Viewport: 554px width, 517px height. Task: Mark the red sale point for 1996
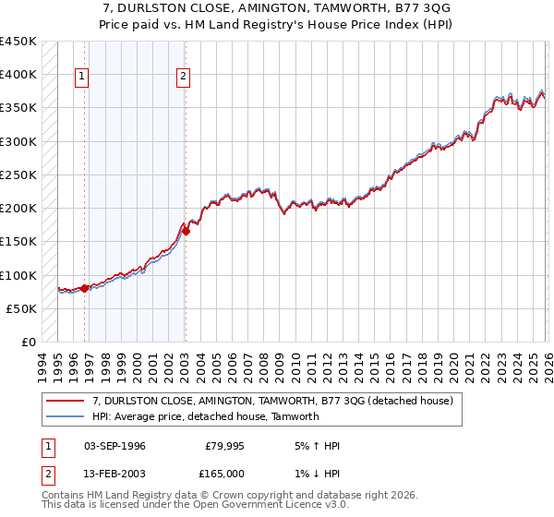(x=85, y=288)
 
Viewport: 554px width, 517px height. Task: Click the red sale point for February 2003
(x=186, y=232)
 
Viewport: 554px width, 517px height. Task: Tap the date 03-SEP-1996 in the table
(x=114, y=446)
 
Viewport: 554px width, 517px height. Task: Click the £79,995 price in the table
(x=223, y=446)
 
